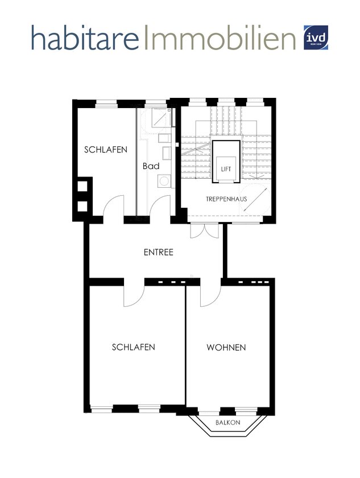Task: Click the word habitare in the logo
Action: [85, 38]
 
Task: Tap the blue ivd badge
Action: [317, 37]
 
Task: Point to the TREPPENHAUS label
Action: [223, 199]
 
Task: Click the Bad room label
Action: [151, 166]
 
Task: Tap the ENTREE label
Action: [158, 252]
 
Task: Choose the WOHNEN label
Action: [226, 347]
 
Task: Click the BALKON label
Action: [228, 423]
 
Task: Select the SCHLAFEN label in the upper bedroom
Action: [106, 150]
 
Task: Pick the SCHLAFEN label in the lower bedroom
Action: [134, 347]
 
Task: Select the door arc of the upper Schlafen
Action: [112, 205]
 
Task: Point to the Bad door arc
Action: [162, 205]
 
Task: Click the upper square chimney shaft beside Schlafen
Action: [82, 186]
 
